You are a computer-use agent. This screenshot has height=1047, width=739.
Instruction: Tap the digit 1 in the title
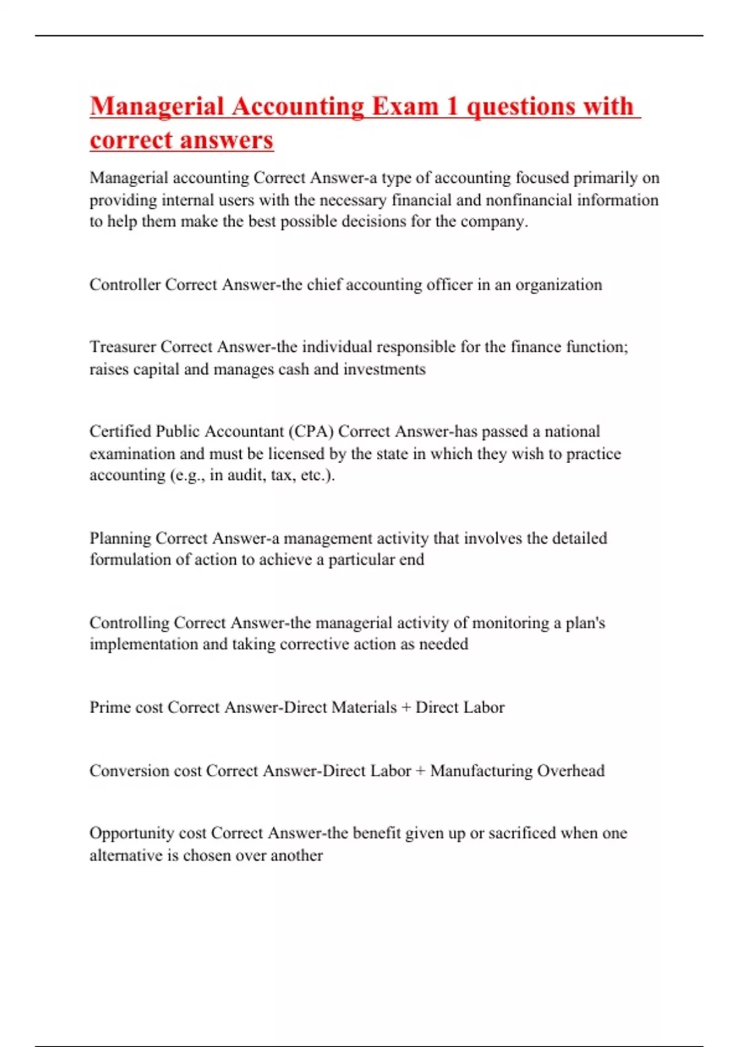tap(452, 107)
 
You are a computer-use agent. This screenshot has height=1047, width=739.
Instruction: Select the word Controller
tap(125, 285)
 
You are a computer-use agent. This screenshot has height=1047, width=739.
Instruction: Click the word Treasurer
tap(123, 347)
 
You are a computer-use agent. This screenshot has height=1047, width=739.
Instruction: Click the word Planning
tap(120, 538)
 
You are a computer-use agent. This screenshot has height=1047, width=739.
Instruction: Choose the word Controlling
tap(129, 623)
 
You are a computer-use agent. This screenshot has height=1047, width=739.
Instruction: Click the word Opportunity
tap(131, 833)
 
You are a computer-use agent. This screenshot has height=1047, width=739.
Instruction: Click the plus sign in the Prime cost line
tap(406, 708)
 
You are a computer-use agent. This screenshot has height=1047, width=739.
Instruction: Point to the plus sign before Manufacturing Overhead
tap(420, 771)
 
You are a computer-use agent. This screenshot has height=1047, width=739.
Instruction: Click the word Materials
tap(363, 707)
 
